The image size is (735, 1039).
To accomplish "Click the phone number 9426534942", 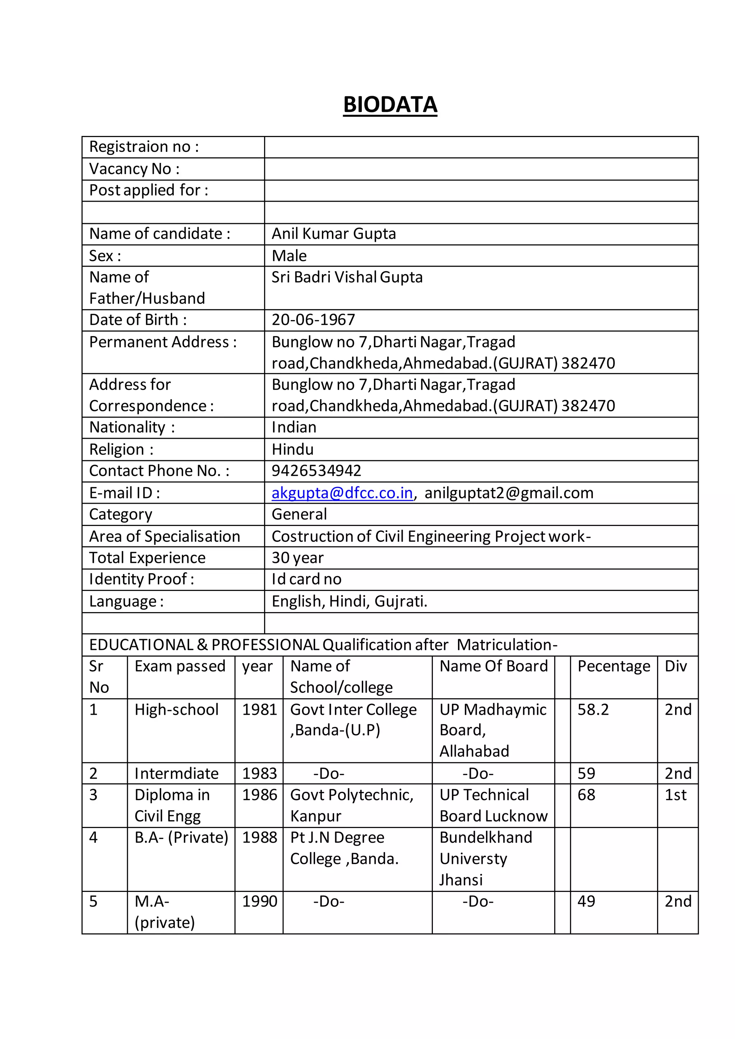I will pyautogui.click(x=316, y=471).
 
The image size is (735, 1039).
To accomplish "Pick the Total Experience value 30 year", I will pyautogui.click(x=298, y=558).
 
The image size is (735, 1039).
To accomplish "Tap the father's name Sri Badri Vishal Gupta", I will pyautogui.click(x=347, y=277).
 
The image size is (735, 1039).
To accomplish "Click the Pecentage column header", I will pyautogui.click(x=613, y=666).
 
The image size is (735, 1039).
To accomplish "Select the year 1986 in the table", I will pyautogui.click(x=259, y=795).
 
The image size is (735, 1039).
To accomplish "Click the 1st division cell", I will pyautogui.click(x=675, y=795).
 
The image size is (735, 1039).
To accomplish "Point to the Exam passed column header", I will pyautogui.click(x=180, y=666).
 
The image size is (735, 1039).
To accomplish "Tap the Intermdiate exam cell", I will pyautogui.click(x=177, y=774).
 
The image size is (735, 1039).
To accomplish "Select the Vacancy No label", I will pyautogui.click(x=135, y=169).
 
